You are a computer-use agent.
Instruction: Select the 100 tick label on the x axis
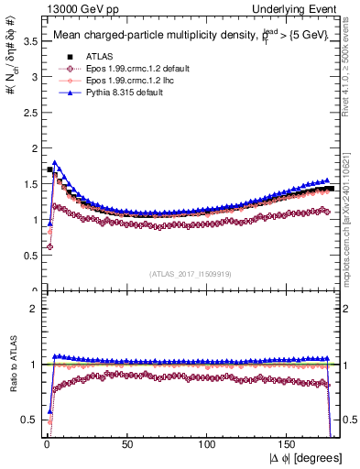click(208, 445)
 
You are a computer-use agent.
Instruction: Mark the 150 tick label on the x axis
click(289, 445)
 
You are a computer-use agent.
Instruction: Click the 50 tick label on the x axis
click(127, 445)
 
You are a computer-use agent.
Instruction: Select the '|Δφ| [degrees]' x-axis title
click(304, 458)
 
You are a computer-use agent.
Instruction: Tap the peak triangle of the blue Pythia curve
click(55, 163)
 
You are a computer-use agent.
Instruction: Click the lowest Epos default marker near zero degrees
click(49, 247)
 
